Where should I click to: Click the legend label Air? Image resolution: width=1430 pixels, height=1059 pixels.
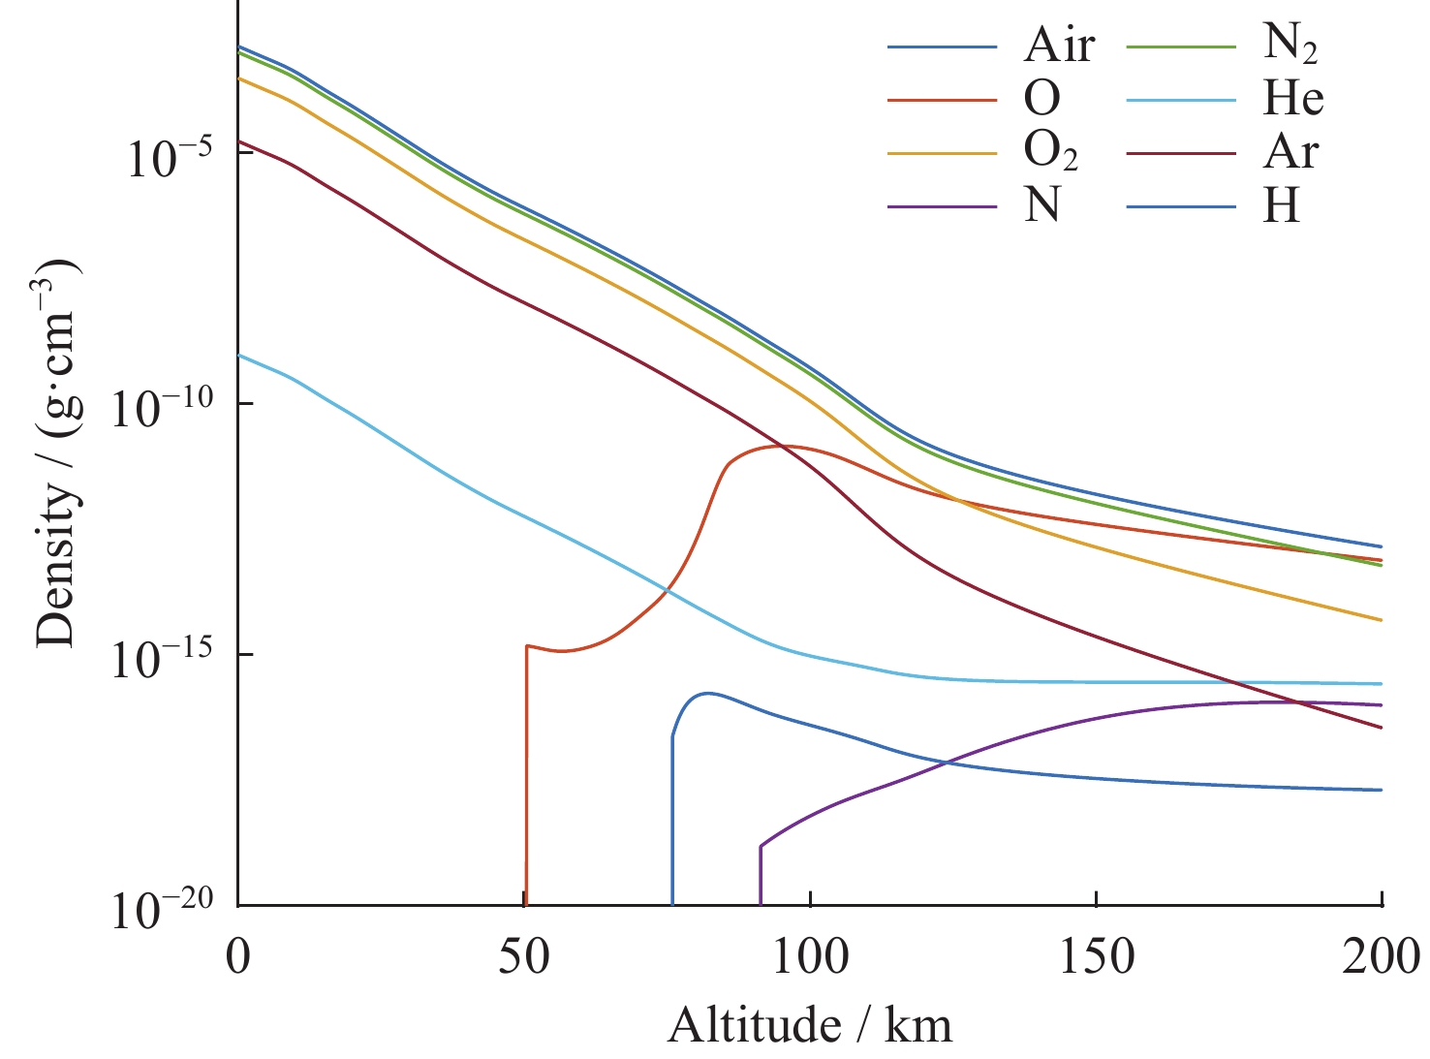coord(1059,46)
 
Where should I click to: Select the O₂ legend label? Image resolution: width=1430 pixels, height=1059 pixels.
coord(1051,152)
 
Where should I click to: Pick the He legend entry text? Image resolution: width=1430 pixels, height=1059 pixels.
coord(1292,98)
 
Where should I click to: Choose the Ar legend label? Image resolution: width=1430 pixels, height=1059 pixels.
coord(1290,152)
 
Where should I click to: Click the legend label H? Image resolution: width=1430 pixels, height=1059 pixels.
coord(1281,205)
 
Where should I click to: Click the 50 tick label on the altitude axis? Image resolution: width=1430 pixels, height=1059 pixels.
coord(524,957)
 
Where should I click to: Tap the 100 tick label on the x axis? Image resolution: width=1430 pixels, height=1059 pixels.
coord(810,957)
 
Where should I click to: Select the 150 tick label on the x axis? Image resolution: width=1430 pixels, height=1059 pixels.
coord(1096,957)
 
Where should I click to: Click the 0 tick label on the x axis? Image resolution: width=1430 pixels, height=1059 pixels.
coord(238,957)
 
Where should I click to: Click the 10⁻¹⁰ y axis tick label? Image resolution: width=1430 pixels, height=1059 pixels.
coord(159,408)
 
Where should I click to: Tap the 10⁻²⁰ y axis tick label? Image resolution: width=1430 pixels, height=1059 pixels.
coord(159,910)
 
